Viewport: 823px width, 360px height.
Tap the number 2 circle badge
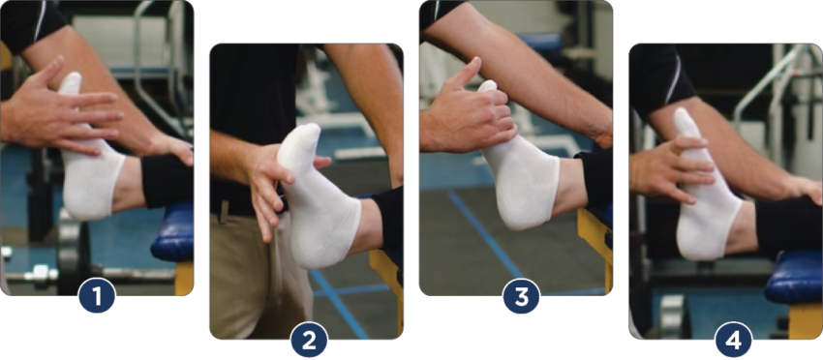[x=308, y=339]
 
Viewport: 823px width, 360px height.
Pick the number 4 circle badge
[x=733, y=339]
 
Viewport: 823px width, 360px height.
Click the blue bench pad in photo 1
[x=174, y=232]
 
